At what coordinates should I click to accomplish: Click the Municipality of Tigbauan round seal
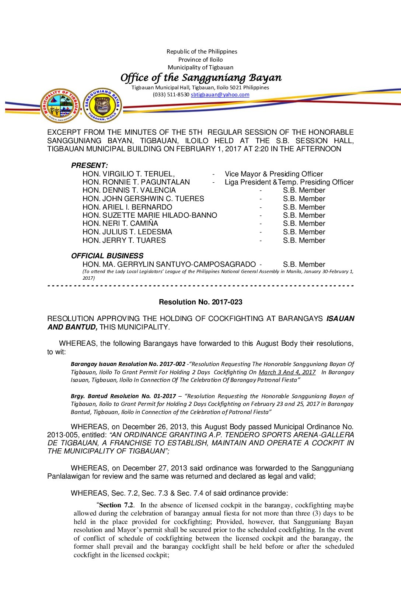(x=60, y=106)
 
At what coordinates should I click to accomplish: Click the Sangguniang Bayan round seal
(x=102, y=105)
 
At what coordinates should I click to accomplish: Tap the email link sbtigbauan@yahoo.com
(x=220, y=94)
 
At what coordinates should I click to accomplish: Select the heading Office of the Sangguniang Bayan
(x=201, y=77)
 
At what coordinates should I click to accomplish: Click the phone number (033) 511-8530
(x=171, y=94)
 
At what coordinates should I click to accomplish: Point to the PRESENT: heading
(x=90, y=165)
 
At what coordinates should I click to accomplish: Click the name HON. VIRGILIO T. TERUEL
(x=128, y=174)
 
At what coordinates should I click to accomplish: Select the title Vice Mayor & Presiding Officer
(x=274, y=174)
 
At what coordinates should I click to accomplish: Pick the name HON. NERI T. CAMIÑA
(x=120, y=223)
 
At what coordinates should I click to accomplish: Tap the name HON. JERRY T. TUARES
(x=124, y=240)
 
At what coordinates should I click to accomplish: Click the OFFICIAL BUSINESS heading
(x=107, y=256)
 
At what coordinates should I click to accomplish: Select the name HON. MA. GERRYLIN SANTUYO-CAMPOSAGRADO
(x=169, y=264)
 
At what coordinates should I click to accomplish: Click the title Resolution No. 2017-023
(x=200, y=302)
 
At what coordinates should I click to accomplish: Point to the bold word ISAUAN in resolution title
(x=340, y=318)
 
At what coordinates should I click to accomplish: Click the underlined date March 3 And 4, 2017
(x=287, y=372)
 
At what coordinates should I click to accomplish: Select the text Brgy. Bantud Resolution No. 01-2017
(x=123, y=396)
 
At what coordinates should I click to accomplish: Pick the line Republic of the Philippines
(x=202, y=52)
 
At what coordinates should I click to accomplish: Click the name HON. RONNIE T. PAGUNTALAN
(x=136, y=182)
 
